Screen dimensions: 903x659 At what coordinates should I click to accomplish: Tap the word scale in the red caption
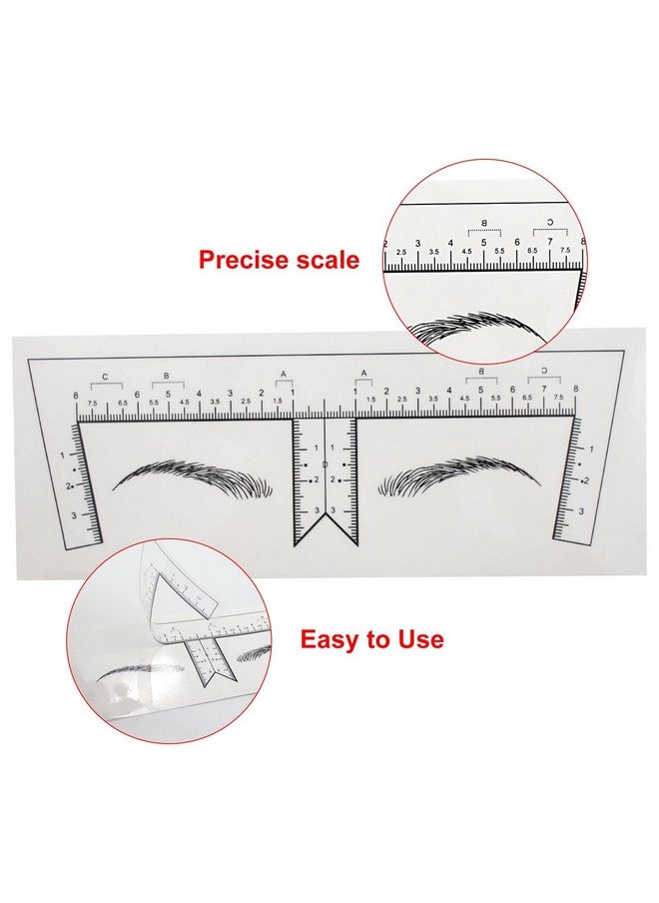click(x=324, y=261)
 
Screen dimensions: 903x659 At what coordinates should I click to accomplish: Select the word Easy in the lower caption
click(x=335, y=639)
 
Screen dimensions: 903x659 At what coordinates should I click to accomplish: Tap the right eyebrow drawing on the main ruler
click(x=459, y=476)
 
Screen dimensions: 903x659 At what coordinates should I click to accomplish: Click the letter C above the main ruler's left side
click(x=106, y=377)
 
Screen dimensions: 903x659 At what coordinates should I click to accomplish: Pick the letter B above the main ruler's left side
click(x=167, y=377)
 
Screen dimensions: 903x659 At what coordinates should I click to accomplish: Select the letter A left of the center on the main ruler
click(x=284, y=375)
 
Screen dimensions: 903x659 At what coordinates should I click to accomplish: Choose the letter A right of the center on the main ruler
click(x=363, y=375)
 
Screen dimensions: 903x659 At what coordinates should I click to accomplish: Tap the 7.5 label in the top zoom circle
click(x=564, y=252)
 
